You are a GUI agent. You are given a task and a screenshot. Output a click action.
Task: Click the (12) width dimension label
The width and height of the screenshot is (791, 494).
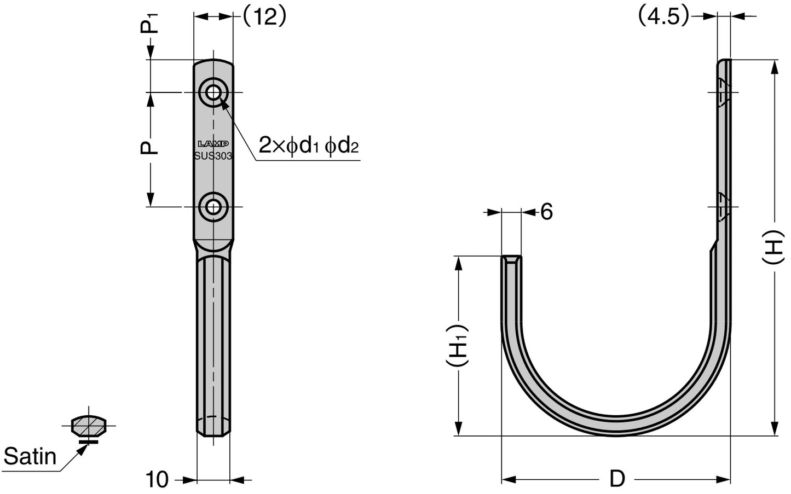pyautogui.click(x=264, y=17)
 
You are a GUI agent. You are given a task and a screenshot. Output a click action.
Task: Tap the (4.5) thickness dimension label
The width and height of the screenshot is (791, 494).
pyautogui.click(x=663, y=17)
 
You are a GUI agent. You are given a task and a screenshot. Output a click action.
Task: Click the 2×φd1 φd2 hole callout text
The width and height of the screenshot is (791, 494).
pyautogui.click(x=309, y=146)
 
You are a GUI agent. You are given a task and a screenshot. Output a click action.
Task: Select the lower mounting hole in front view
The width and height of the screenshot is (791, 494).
pyautogui.click(x=213, y=207)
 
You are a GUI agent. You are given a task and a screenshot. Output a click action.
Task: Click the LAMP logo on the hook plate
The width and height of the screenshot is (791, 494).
pyautogui.click(x=213, y=144)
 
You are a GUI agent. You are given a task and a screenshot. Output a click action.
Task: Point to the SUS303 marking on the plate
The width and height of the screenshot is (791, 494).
pyautogui.click(x=213, y=155)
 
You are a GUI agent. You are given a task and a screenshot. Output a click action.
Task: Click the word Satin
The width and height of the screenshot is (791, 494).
pyautogui.click(x=30, y=456)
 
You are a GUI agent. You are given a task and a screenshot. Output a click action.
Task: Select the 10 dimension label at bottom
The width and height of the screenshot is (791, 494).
pyautogui.click(x=157, y=480)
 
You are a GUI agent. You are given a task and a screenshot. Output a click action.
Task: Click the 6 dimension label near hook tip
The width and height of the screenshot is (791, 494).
pyautogui.click(x=546, y=212)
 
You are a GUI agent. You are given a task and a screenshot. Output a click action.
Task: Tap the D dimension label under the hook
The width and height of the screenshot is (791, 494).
pyautogui.click(x=617, y=479)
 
